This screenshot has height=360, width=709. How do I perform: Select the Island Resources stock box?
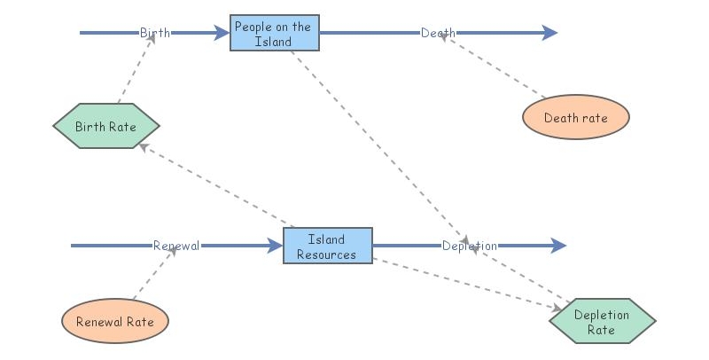(x=327, y=246)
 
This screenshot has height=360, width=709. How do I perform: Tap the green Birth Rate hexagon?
(x=105, y=126)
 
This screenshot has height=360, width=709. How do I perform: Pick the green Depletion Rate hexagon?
(x=602, y=321)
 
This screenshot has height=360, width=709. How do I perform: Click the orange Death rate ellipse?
(x=575, y=118)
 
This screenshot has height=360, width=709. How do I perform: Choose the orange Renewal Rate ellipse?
(x=114, y=321)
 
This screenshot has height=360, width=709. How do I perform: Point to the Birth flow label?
(x=155, y=34)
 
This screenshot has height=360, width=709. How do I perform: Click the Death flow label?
(x=438, y=34)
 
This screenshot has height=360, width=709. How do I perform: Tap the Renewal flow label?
(x=175, y=246)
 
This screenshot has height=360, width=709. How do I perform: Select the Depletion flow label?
(x=469, y=246)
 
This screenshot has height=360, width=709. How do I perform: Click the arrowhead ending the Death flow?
(x=549, y=34)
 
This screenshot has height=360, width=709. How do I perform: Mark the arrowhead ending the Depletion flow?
(x=558, y=246)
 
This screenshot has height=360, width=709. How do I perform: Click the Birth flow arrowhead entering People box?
(x=221, y=34)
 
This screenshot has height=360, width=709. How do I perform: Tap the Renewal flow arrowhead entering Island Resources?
(x=274, y=246)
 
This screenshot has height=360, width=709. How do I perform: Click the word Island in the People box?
(x=273, y=42)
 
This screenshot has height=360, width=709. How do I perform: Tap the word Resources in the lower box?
(x=326, y=254)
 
